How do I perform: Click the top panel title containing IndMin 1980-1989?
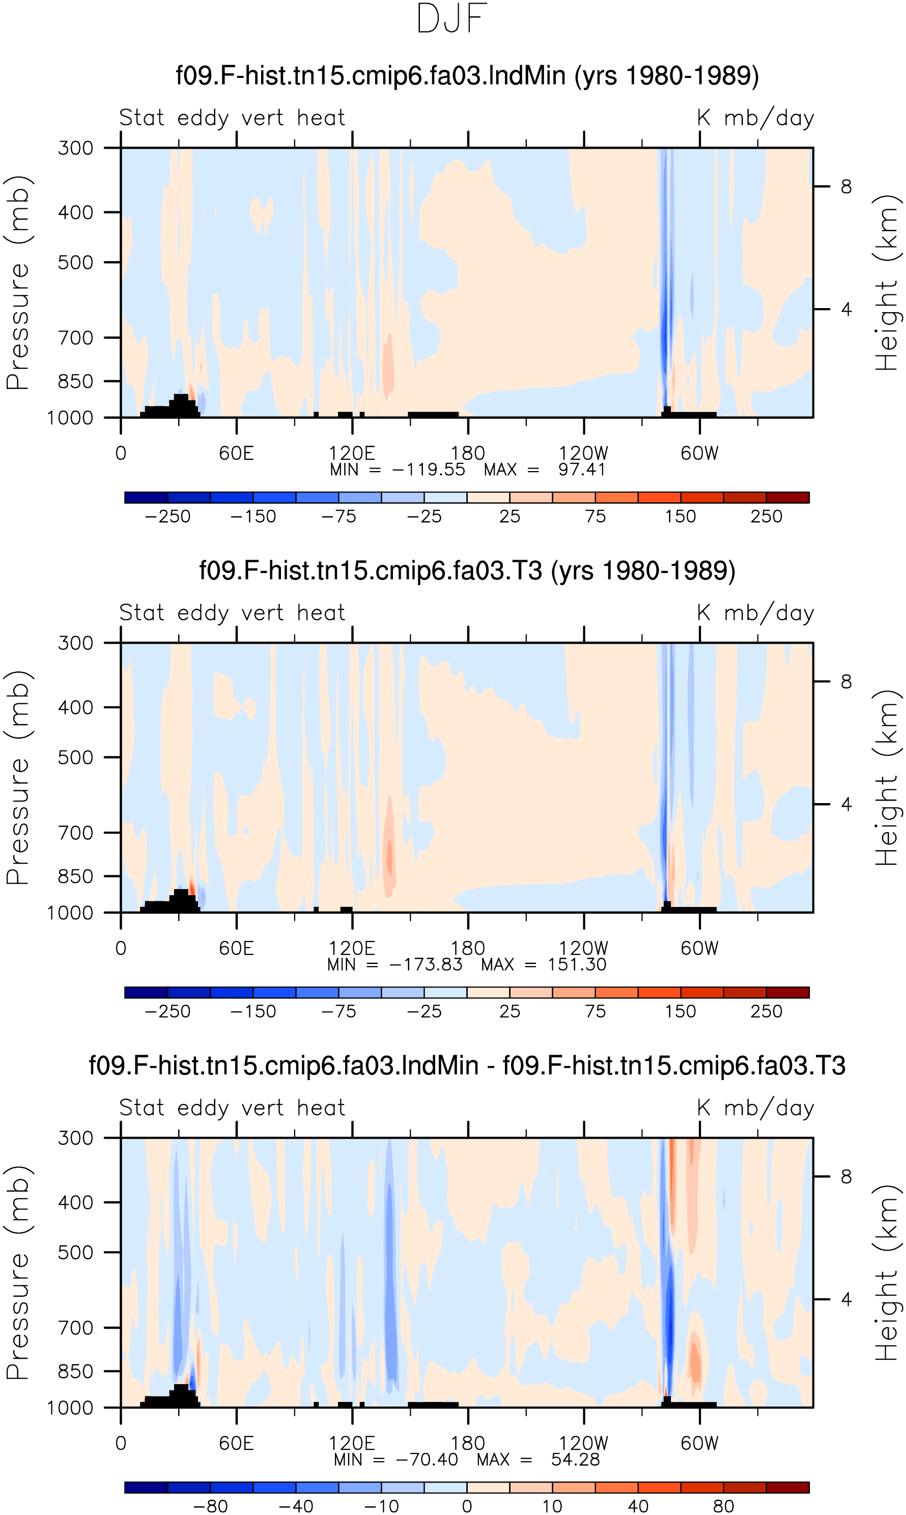(x=467, y=76)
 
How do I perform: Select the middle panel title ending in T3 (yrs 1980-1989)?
(x=467, y=571)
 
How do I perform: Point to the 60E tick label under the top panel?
(x=236, y=454)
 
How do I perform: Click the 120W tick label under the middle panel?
(x=584, y=948)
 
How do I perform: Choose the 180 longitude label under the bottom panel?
(x=468, y=1444)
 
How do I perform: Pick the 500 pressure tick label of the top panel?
(x=76, y=263)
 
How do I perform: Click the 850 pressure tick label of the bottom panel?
(x=76, y=1371)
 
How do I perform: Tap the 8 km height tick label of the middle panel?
(x=846, y=681)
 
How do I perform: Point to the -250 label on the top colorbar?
(x=168, y=516)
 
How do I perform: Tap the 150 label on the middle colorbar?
(x=681, y=1011)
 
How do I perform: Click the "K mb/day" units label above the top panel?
(x=756, y=117)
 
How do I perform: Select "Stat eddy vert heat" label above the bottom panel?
(x=233, y=1107)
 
